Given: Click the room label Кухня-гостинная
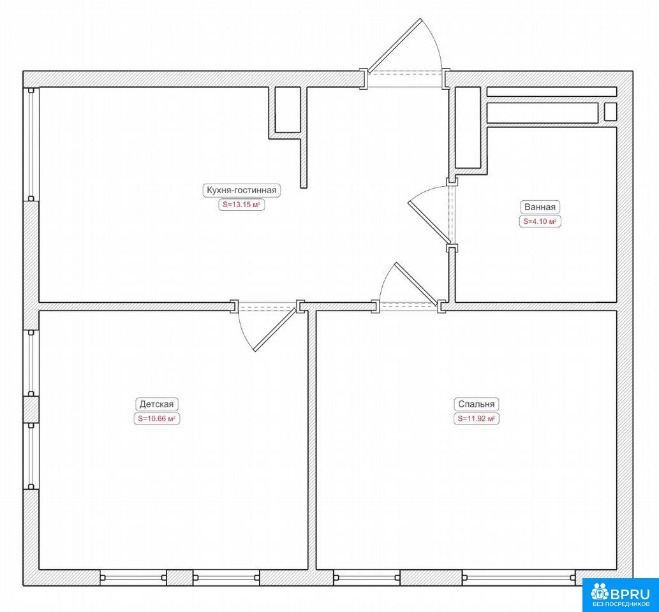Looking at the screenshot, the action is coord(242,190).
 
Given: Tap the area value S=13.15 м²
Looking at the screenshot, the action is coord(242,205).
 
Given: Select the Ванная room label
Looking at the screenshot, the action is coord(540,207).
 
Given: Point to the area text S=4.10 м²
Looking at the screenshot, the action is coord(540,221).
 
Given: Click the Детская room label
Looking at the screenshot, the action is coord(156,404).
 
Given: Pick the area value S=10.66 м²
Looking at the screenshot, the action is coord(156,419).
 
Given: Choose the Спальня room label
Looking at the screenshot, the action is coord(476,404).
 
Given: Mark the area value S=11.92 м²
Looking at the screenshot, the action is coord(476,419).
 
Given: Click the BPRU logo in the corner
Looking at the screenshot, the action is coord(620,593).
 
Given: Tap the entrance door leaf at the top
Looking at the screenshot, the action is coord(394,45).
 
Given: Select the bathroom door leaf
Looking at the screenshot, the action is coord(430,222).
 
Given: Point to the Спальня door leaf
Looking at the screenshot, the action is coord(416,284).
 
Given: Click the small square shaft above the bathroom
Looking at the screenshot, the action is coord(611,113).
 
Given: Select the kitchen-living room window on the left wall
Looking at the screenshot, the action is coord(31,144).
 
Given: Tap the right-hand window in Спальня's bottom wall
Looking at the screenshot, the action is coord(519,578).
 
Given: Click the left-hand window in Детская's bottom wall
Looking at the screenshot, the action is coord(133,578).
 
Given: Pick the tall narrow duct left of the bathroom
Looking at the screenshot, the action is coord(468,127).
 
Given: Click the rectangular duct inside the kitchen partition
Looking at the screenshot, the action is coord(288,110).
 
